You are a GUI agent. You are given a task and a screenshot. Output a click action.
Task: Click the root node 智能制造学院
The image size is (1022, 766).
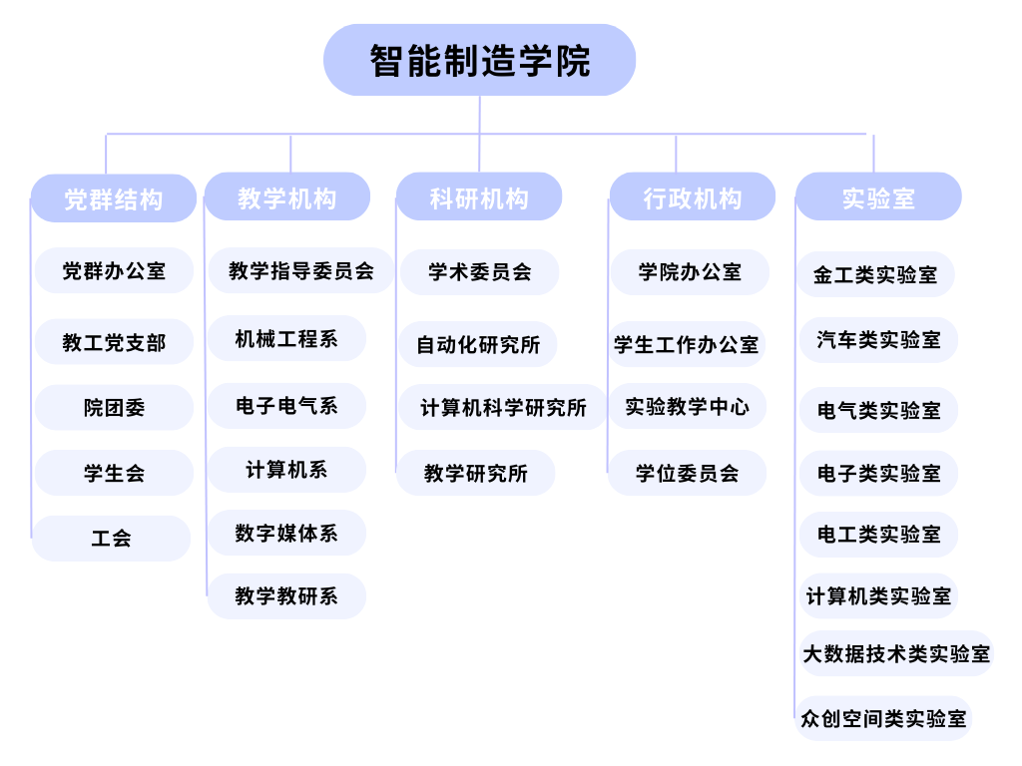(x=480, y=60)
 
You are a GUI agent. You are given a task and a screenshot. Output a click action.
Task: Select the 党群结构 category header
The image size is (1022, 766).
(x=114, y=198)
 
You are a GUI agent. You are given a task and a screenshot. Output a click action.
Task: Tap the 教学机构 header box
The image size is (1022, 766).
(x=287, y=196)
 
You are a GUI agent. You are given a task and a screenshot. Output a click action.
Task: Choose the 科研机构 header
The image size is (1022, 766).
(x=479, y=196)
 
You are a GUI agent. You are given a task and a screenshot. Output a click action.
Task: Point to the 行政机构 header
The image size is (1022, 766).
(x=693, y=196)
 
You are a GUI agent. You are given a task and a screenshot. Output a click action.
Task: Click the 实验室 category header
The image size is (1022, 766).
(x=878, y=196)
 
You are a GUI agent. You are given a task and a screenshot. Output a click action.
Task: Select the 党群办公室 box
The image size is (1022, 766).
(x=114, y=270)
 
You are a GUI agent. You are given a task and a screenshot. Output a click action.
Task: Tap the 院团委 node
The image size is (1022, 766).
(x=114, y=407)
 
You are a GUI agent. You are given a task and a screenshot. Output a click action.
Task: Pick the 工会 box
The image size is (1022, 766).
(x=111, y=538)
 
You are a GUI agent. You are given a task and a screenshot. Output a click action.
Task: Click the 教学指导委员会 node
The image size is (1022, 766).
(x=301, y=270)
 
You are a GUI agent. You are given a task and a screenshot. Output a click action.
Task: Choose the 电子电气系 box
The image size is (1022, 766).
(x=286, y=406)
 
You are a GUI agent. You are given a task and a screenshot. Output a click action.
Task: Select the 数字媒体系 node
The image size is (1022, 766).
(x=286, y=533)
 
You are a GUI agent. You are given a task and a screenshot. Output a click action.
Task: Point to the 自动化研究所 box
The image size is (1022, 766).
(x=478, y=344)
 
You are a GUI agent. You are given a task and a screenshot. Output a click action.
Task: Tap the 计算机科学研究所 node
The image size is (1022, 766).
(x=503, y=407)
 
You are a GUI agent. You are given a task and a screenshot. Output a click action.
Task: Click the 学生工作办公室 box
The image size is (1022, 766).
(x=687, y=344)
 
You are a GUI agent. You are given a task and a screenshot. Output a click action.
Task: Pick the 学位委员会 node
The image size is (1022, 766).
(x=687, y=473)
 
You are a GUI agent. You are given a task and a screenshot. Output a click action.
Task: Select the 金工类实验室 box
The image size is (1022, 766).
(x=875, y=274)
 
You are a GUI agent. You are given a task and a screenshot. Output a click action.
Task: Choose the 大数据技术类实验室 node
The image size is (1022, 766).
(x=896, y=653)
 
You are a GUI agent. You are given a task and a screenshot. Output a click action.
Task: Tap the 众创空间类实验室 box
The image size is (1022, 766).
(x=884, y=718)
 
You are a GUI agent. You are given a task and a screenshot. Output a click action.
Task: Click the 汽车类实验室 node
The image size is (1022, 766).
(x=878, y=339)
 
